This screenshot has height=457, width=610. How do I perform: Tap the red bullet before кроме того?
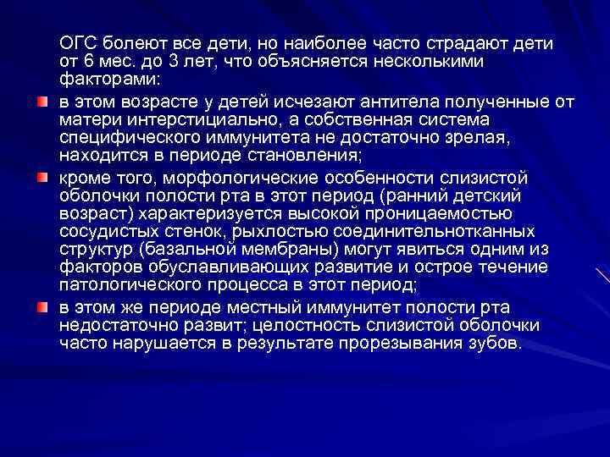click(x=42, y=177)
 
